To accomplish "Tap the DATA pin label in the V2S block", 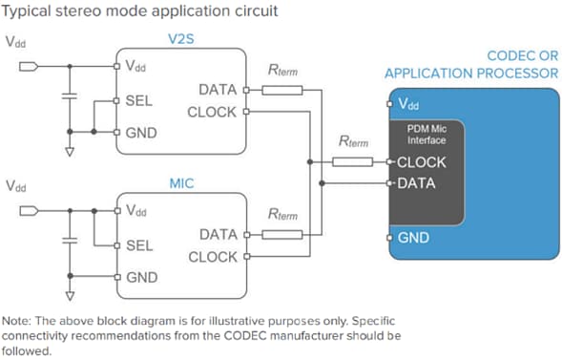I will (x=219, y=90).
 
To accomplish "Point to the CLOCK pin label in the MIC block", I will (x=213, y=257).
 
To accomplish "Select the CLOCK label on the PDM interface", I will (x=422, y=162).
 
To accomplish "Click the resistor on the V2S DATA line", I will (x=282, y=91).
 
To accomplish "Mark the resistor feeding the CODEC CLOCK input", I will (x=352, y=162).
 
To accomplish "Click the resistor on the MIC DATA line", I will (x=282, y=234).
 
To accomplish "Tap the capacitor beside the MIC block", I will (x=68, y=241).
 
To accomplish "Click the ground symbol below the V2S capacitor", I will (x=68, y=150).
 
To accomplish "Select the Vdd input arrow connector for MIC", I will (x=29, y=209).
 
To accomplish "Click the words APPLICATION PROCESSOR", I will (x=470, y=73).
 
